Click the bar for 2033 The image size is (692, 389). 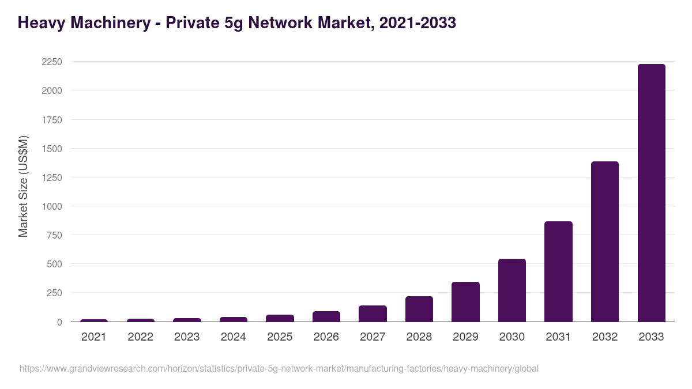651,193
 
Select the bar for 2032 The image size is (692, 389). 605,241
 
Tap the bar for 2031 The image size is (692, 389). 558,271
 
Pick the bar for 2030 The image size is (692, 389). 512,290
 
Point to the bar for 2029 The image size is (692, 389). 465,302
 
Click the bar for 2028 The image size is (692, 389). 419,309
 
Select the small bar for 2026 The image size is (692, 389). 326,316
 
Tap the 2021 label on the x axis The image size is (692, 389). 94,337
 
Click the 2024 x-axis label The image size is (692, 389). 233,337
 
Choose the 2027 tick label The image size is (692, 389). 373,337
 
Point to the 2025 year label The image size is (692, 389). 280,337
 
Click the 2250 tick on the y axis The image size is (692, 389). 52,62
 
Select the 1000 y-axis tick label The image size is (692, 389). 52,206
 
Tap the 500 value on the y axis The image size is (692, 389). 54,265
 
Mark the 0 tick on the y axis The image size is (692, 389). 59,322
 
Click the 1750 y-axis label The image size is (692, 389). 52,120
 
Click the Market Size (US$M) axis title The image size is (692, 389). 23,186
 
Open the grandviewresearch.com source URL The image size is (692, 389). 279,369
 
